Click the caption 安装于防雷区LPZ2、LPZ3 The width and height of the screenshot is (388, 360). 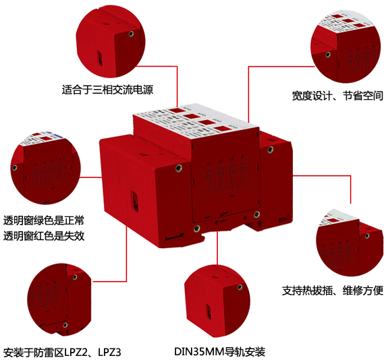pos(62,352)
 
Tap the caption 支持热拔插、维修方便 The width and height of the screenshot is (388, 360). pos(333,291)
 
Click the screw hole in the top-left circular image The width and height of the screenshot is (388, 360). pos(134,31)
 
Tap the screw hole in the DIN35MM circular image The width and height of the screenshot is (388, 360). pos(238,286)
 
